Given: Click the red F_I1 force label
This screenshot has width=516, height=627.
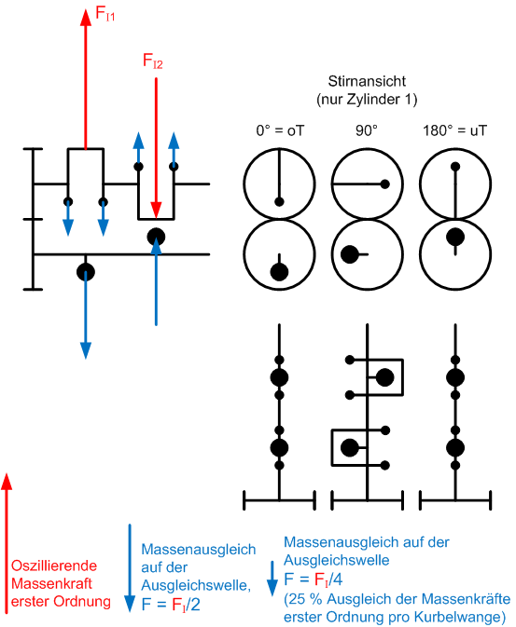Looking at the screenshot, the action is [x=105, y=13].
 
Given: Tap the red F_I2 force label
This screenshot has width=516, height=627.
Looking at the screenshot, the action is [x=153, y=61].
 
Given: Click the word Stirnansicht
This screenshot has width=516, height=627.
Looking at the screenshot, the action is [x=367, y=81].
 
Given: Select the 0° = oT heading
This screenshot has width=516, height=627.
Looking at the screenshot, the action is [x=280, y=130].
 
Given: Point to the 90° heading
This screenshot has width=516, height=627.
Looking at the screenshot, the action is [x=367, y=130].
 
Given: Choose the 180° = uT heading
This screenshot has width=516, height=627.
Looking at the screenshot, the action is [x=455, y=130].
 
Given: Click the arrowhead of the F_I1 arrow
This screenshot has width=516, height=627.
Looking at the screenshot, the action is [x=86, y=17].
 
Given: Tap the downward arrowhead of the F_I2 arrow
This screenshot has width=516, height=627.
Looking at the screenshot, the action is [x=156, y=211].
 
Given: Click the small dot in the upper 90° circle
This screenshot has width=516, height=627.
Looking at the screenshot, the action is [x=385, y=184].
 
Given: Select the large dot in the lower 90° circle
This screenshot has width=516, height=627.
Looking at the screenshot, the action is [x=349, y=254].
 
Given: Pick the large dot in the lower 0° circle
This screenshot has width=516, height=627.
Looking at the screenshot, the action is [x=279, y=272].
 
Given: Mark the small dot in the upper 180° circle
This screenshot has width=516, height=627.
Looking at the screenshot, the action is [x=455, y=167].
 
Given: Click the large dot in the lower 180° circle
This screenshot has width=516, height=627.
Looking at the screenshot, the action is [x=455, y=237].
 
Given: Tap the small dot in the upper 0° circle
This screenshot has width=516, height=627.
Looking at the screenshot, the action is [x=279, y=202].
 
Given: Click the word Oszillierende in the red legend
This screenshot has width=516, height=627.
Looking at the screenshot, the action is [x=54, y=566].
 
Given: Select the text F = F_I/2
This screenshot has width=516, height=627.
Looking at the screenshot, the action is [x=171, y=605].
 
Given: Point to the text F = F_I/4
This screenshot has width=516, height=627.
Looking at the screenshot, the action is [x=314, y=579].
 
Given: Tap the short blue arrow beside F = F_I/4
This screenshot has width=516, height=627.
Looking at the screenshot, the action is [x=272, y=579].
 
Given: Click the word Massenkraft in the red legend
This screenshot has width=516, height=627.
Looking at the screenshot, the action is [x=51, y=584].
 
